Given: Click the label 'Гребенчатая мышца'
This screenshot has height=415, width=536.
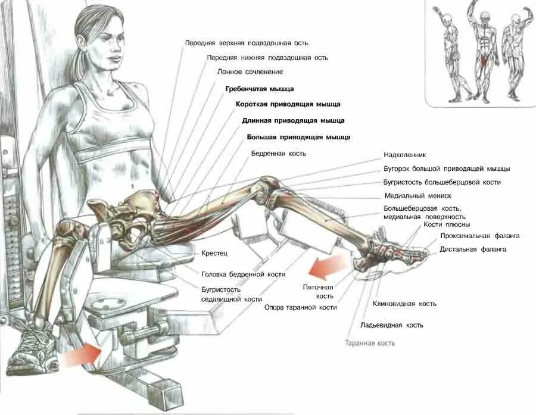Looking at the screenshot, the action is tap(259, 89).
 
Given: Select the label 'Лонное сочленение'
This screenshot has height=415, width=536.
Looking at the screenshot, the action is tap(250, 72).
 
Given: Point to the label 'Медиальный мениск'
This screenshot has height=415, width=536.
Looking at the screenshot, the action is tap(417, 196).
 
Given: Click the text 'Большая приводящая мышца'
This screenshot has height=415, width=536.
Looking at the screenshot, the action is tap(298, 137).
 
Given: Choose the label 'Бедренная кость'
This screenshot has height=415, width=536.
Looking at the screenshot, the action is tap(278, 154).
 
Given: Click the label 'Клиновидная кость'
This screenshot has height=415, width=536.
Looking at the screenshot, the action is tap(404, 304).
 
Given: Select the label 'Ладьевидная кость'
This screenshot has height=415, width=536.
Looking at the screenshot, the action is tap(391, 326).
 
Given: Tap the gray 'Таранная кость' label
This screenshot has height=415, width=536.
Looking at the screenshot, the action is tap(370, 344).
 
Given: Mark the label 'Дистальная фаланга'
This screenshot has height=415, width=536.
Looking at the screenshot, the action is tap(473, 249).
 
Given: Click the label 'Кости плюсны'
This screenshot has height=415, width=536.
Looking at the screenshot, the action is tap(447, 225).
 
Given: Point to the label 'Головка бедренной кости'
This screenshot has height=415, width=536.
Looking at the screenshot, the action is tap(243, 274).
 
